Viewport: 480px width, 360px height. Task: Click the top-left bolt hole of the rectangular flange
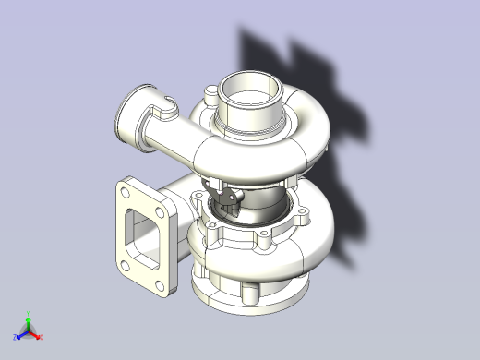(x=124, y=192)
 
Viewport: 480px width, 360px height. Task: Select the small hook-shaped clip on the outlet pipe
(x=168, y=107)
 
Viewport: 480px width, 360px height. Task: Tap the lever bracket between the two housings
(x=227, y=198)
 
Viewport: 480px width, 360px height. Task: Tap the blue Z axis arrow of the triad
(x=20, y=334)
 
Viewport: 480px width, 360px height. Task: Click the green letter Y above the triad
(x=29, y=313)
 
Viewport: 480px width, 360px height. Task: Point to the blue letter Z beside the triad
(x=14, y=338)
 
